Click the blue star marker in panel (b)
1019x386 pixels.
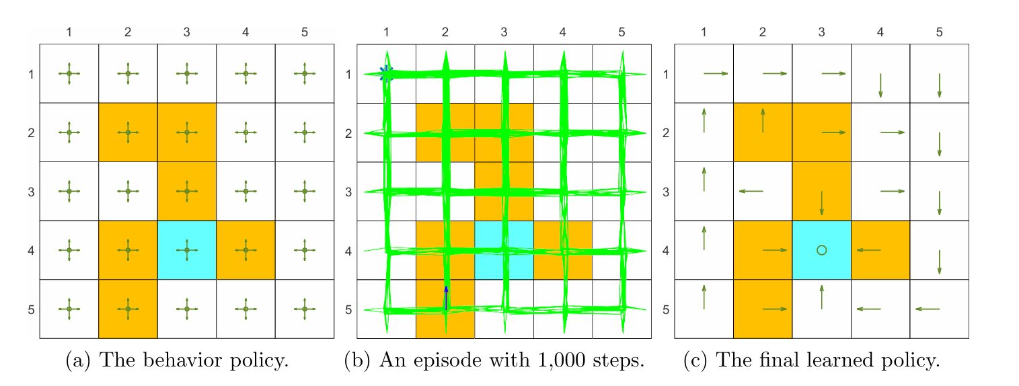386,73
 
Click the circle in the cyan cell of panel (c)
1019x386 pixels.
821,250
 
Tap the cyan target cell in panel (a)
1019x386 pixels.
186,250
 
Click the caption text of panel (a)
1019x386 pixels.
177,361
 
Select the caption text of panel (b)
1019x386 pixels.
494,361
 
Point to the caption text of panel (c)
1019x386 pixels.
811,361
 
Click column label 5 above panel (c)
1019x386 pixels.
939,32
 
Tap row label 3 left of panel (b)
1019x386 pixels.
348,192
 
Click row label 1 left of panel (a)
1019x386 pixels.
31,74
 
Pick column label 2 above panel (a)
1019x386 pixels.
128,32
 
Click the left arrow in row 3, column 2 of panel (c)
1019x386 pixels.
751,192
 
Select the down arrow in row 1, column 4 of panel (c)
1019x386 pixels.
880,85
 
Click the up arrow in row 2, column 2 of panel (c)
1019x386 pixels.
763,120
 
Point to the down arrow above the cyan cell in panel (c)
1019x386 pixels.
821,203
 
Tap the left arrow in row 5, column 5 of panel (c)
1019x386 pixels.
927,309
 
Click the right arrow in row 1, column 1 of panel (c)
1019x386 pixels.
716,73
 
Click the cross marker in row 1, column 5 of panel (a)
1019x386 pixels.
305,73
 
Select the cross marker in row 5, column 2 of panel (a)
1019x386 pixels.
128,309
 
